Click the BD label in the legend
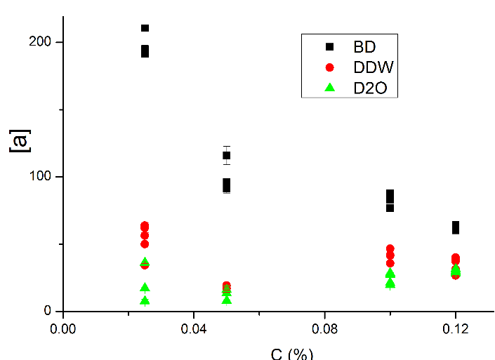[x=364, y=47]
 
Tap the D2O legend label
[x=371, y=88]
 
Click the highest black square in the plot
[x=145, y=28]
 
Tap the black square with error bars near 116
[x=227, y=156]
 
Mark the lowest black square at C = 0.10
[x=390, y=208]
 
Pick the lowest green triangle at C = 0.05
[x=227, y=300]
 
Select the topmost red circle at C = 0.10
[x=390, y=249]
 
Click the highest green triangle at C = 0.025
[x=145, y=262]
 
